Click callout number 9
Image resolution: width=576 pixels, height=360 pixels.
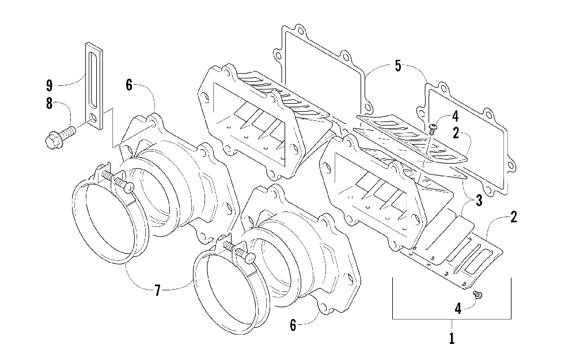49,86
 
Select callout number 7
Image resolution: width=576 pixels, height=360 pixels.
157,290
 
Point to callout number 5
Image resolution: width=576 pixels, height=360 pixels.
397,66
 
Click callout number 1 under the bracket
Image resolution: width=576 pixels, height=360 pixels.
452,338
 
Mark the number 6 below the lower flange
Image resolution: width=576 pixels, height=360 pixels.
293,326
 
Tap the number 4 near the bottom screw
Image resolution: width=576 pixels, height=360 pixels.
458,309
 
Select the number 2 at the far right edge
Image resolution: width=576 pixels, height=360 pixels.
513,217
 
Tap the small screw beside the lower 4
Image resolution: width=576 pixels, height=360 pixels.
478,295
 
